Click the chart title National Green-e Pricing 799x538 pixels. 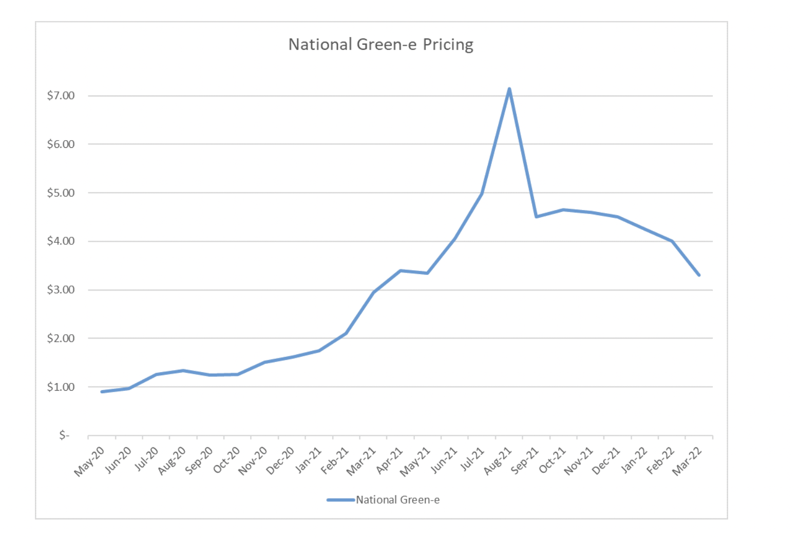tap(381, 45)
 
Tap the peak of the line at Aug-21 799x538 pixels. tap(509, 89)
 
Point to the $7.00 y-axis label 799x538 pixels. tap(61, 95)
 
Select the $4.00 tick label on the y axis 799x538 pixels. tap(61, 241)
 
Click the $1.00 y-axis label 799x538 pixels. tap(61, 387)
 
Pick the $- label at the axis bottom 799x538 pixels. tap(64, 435)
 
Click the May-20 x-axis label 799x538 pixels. tap(89, 462)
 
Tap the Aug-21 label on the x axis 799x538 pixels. tap(498, 460)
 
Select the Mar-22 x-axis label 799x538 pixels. tap(688, 460)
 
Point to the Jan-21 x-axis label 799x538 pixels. tap(308, 460)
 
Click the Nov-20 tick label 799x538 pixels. tap(253, 460)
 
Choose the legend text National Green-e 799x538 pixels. tap(398, 500)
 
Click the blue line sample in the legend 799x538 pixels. tap(340, 500)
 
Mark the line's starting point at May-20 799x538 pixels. tap(102, 392)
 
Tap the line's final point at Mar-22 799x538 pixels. tap(699, 275)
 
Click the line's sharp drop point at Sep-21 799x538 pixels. tap(536, 217)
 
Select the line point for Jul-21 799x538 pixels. tap(482, 194)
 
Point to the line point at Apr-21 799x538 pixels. tap(401, 271)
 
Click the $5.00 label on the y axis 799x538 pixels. tap(61, 193)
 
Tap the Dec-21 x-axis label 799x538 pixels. tap(606, 460)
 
